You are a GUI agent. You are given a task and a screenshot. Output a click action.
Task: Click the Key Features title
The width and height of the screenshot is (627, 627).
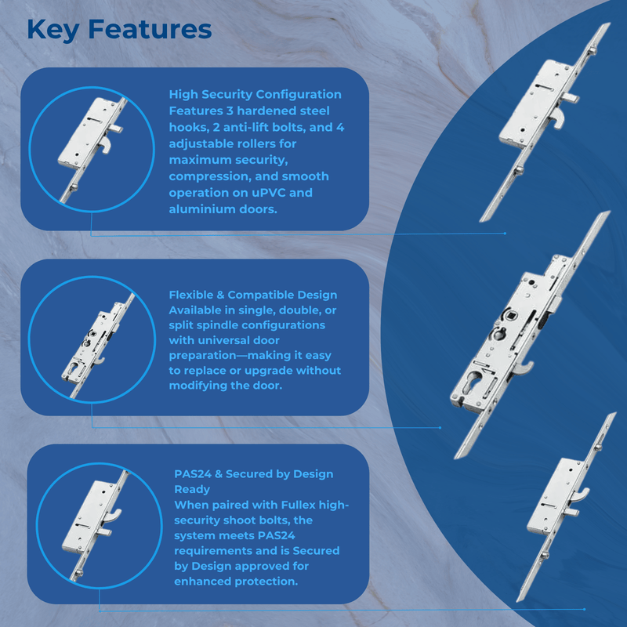point(119,30)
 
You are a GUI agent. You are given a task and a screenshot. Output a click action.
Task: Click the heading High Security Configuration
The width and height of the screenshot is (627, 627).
point(256,94)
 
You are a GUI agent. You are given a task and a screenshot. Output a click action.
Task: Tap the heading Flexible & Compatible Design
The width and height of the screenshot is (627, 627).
point(252,295)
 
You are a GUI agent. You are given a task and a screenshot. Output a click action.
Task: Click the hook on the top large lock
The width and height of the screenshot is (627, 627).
point(559,119)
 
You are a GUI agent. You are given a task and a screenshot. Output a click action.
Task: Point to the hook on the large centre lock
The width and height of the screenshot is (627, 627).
point(524,368)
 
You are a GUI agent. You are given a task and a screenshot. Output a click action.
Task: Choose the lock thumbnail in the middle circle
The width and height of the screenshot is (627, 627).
point(99,346)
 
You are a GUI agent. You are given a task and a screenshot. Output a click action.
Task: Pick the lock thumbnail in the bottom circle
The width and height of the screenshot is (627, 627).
point(96,524)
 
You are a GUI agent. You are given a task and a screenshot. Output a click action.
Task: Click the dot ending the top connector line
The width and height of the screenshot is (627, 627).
point(505,233)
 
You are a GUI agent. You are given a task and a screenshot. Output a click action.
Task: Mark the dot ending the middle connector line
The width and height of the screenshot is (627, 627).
point(440,427)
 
